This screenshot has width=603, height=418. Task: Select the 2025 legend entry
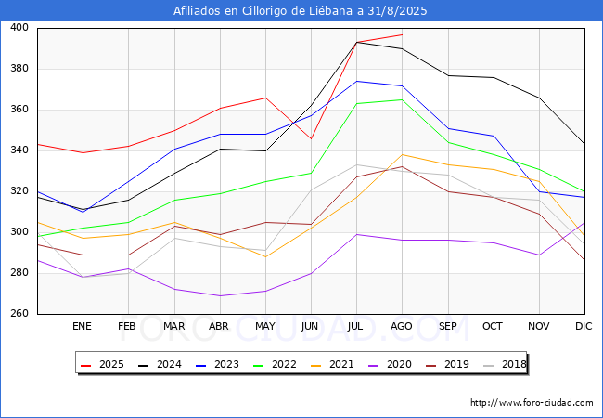coord(102,364)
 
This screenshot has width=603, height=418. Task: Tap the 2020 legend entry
coord(390,364)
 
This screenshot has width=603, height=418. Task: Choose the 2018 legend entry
coord(505,364)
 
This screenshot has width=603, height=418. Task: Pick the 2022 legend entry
coord(275,364)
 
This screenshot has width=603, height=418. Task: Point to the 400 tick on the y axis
coord(19,27)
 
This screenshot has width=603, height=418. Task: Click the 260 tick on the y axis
coord(19,313)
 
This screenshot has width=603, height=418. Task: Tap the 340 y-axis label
coord(19,150)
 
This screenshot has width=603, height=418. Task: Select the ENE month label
coord(82,326)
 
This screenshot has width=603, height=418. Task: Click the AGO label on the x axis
coord(402,326)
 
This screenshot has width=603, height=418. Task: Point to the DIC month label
coord(584,326)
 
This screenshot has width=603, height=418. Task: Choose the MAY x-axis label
coord(265,326)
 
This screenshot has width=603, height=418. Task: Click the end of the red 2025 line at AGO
coord(403,34)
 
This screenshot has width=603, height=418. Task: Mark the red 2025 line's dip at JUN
coord(311,138)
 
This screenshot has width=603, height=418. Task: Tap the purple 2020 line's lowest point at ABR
coord(220,295)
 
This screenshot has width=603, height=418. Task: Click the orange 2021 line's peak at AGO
coord(403,155)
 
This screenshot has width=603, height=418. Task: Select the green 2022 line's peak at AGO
coord(403,99)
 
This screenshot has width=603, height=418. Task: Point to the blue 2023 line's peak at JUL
coord(357,81)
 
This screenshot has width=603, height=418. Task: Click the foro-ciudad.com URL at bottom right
coord(532,403)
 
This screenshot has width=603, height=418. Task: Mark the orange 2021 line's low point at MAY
coord(265,256)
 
